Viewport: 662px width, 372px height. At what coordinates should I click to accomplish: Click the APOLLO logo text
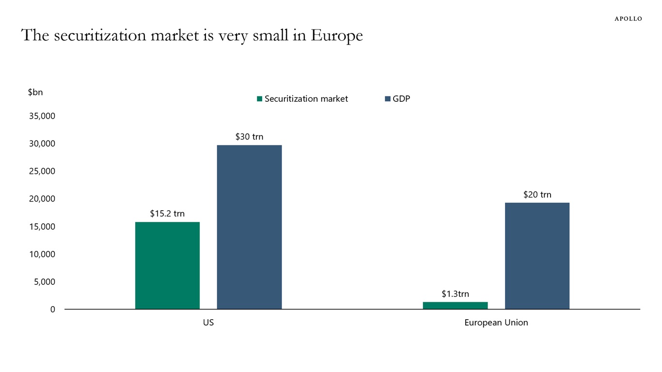(x=628, y=19)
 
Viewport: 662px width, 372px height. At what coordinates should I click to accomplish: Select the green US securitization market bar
(x=167, y=265)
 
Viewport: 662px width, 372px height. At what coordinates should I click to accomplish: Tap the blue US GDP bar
(x=249, y=227)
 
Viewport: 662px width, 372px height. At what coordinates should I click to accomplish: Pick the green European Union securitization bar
(x=455, y=306)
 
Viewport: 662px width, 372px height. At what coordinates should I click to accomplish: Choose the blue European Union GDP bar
(x=537, y=256)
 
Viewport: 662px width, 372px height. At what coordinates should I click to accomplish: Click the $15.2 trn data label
(x=167, y=214)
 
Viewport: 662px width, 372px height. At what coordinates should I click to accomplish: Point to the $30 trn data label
(x=249, y=137)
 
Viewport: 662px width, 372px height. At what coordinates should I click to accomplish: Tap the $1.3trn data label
(x=455, y=294)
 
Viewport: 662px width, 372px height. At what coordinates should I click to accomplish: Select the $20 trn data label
(x=537, y=195)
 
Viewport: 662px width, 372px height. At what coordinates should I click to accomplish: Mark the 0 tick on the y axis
(x=53, y=310)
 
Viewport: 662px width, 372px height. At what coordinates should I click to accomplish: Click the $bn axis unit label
(x=35, y=92)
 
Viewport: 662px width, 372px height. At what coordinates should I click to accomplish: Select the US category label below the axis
(x=208, y=323)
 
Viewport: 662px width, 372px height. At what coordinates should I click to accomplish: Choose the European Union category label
(x=496, y=323)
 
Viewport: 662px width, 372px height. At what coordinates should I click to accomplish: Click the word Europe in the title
(x=337, y=36)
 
